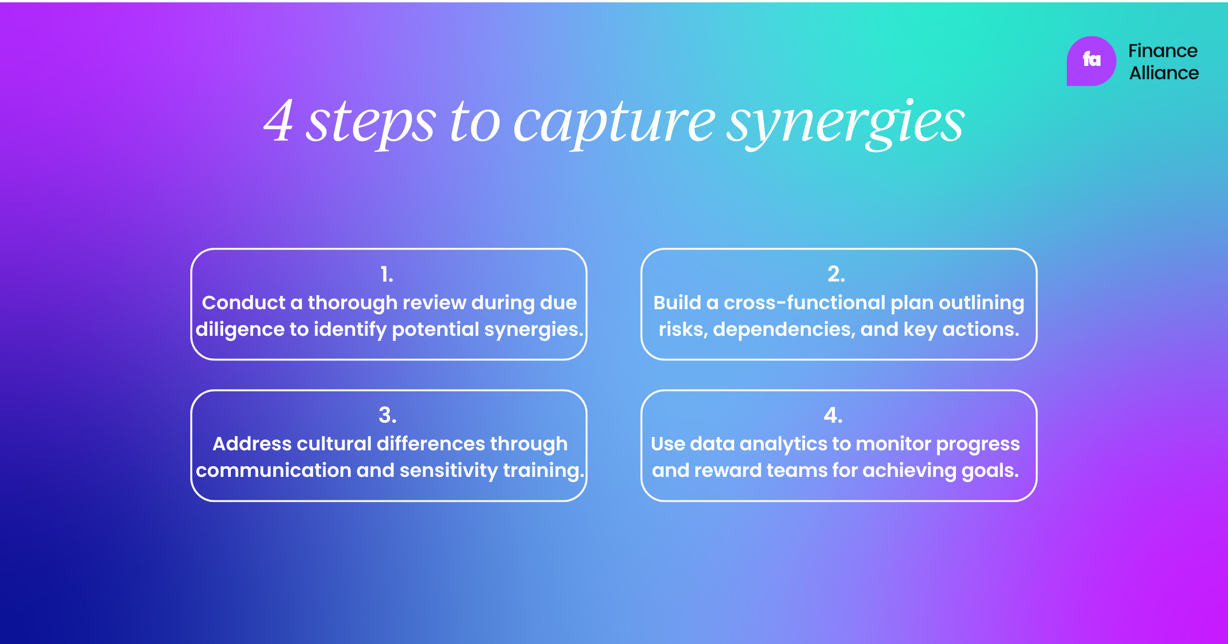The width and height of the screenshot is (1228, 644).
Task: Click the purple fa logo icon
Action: click(x=1091, y=61)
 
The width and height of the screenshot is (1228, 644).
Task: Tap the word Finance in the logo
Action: click(x=1163, y=51)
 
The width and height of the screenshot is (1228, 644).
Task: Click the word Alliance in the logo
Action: click(x=1164, y=74)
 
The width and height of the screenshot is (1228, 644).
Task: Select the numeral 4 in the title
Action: click(x=279, y=122)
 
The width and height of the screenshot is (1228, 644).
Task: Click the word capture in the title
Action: click(x=614, y=123)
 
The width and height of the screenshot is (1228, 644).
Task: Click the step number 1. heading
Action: click(x=387, y=274)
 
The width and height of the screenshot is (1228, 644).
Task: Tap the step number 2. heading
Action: click(x=836, y=274)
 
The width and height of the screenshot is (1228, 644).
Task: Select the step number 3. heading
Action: click(x=387, y=416)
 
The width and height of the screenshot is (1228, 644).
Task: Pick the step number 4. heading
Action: click(x=833, y=416)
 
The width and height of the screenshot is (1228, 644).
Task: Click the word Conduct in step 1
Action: click(x=244, y=303)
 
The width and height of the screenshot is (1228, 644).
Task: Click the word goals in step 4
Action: click(x=990, y=471)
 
